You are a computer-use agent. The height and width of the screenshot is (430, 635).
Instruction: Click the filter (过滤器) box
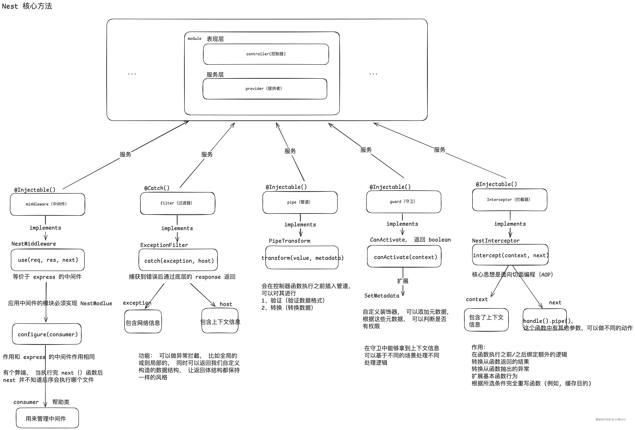177,203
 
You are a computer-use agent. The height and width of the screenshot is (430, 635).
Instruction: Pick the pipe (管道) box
300,202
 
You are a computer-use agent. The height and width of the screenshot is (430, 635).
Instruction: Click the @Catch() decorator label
157,188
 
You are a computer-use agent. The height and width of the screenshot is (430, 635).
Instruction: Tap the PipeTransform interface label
289,241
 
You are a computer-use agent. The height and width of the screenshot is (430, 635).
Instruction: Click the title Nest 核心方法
27,6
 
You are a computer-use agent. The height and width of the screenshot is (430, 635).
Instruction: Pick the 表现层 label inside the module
215,39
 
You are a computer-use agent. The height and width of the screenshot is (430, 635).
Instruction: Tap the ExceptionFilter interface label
164,245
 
